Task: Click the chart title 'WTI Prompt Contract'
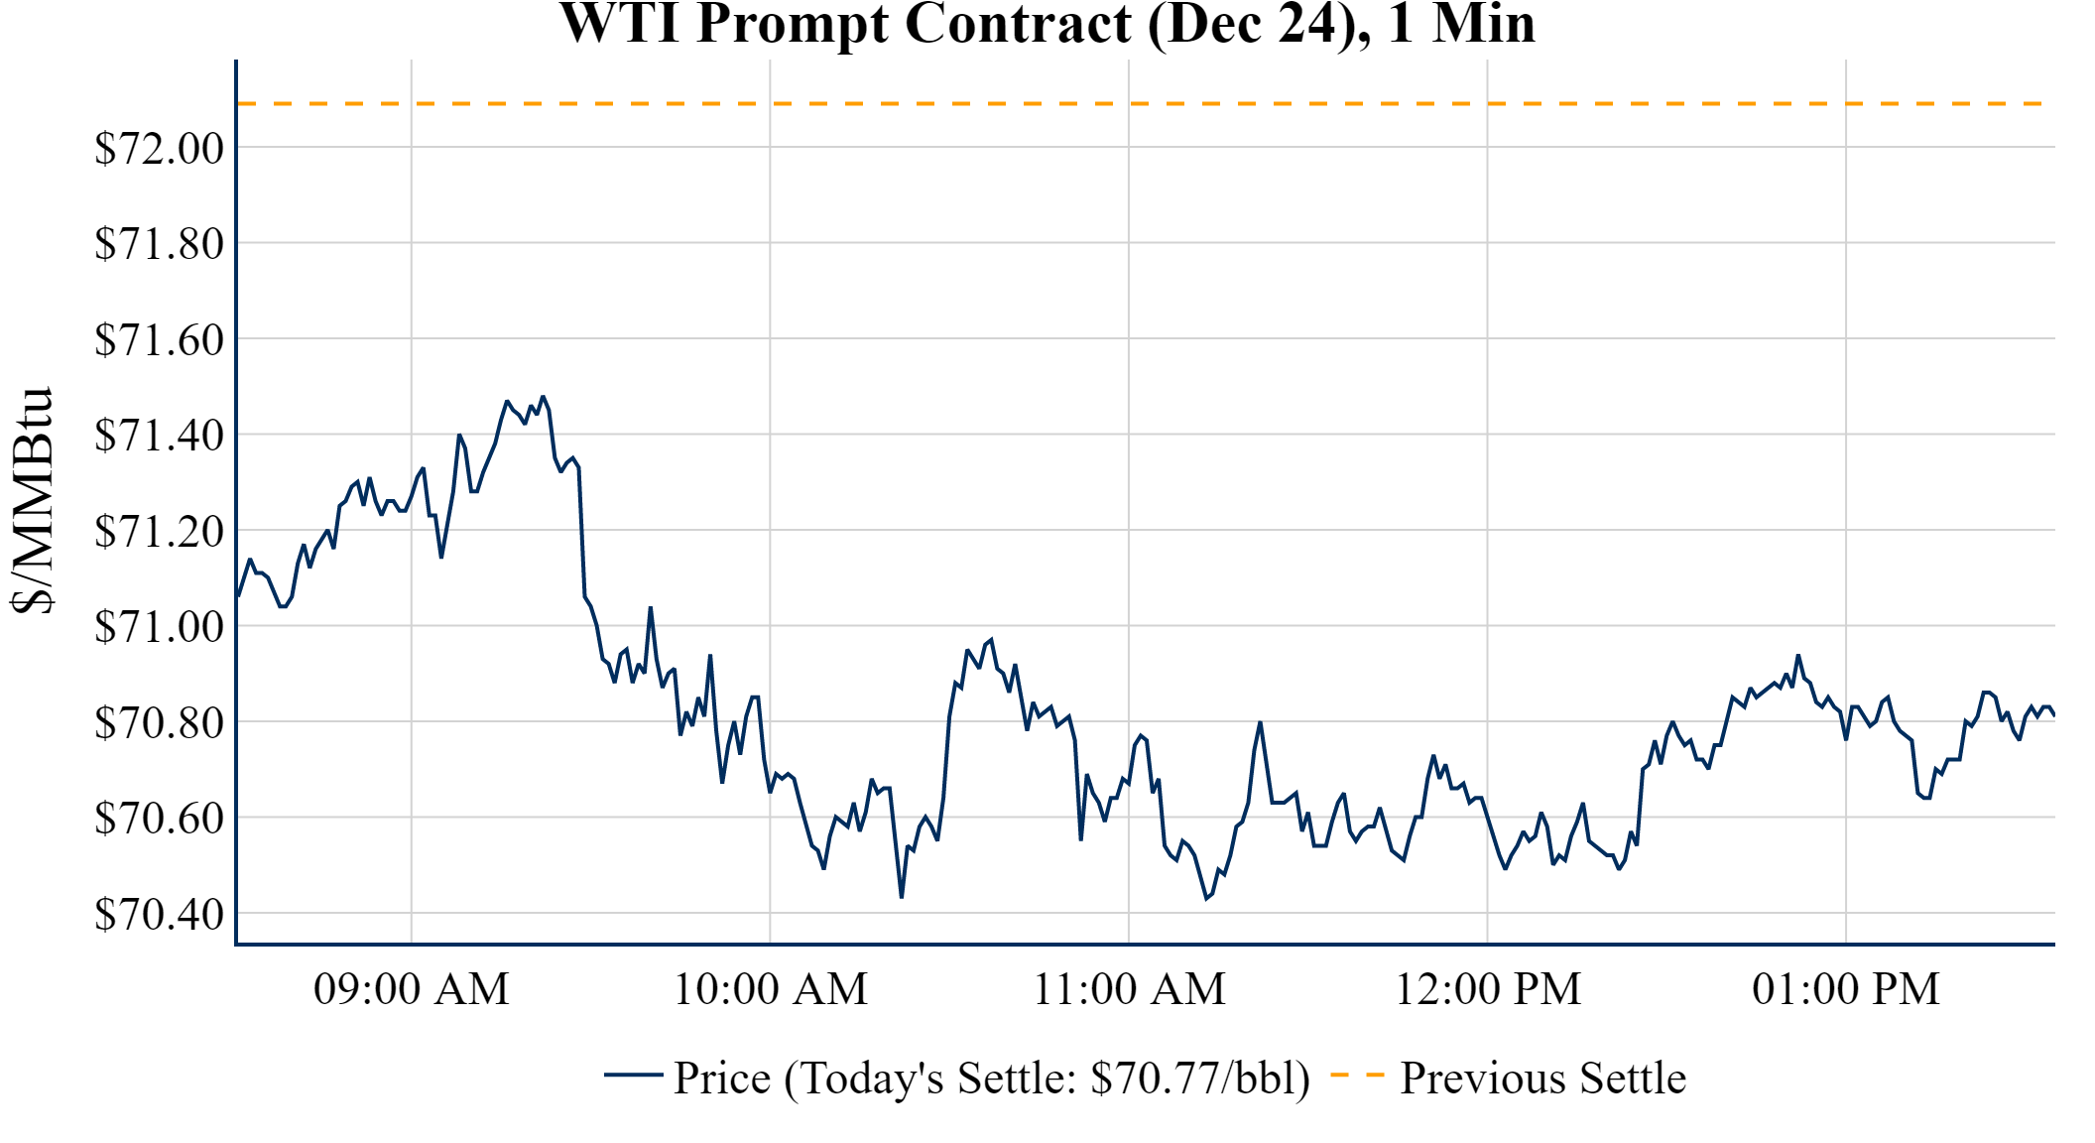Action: point(1047,24)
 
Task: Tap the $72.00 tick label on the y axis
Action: point(159,148)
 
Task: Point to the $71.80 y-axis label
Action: point(159,243)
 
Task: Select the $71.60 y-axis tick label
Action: point(159,339)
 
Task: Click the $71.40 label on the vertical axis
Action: point(159,435)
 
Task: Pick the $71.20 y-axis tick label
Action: point(159,531)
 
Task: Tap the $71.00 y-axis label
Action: point(159,626)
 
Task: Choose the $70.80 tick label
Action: point(159,722)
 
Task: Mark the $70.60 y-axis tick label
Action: point(159,818)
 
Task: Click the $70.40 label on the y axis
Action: point(159,914)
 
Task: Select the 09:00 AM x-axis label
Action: point(412,989)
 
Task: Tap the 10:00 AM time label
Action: point(771,989)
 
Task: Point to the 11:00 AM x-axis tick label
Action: point(1129,989)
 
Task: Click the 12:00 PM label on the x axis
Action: point(1488,989)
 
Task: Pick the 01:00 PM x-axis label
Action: point(1846,989)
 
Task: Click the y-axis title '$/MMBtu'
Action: point(32,501)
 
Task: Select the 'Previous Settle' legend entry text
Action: point(1542,1078)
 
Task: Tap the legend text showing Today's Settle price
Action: point(992,1078)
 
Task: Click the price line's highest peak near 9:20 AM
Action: point(543,397)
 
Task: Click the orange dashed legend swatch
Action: point(1357,1076)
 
